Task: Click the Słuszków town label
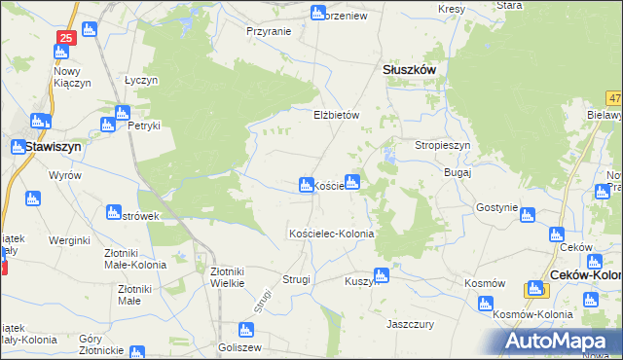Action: (x=408, y=71)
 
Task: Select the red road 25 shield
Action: (x=65, y=38)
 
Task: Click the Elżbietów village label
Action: (x=337, y=115)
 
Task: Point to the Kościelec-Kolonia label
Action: (x=331, y=234)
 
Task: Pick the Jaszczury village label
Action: (x=410, y=322)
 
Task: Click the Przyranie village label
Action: (x=269, y=31)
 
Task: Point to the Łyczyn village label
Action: (x=141, y=80)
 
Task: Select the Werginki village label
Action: (x=69, y=239)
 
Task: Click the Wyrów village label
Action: (x=65, y=175)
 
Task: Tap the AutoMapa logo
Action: (x=563, y=342)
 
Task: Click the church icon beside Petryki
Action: (x=108, y=125)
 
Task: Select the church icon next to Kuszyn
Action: (x=381, y=275)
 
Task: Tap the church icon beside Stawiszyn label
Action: (x=18, y=147)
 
